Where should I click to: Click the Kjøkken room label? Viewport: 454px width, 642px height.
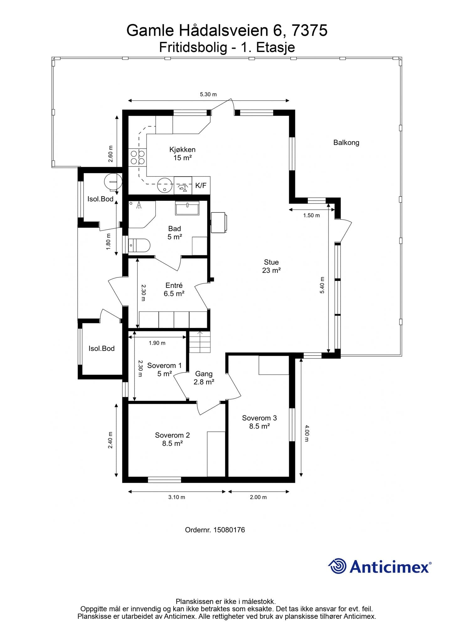pos(182,150)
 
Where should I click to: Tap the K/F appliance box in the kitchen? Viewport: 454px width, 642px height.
pos(201,185)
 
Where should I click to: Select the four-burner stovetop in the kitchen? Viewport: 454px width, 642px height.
pos(138,157)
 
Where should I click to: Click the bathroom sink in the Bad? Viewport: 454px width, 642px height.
pos(187,208)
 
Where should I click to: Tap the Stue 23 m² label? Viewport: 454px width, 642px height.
pos(271,266)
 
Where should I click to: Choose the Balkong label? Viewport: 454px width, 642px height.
pos(346,143)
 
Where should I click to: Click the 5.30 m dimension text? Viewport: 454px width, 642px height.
pos(209,94)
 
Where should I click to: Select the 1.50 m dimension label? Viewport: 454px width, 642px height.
pos(311,215)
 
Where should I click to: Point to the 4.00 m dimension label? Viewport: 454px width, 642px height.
pos(307,433)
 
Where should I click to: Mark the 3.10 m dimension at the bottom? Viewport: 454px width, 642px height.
pos(177,497)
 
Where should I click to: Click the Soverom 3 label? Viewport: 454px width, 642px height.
pos(259,418)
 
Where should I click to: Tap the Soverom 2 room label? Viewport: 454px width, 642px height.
pos(172,435)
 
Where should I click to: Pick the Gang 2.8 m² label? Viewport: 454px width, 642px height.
pos(204,378)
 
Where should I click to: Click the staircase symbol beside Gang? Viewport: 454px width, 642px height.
pos(199,342)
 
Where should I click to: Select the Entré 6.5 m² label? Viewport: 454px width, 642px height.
pos(174,289)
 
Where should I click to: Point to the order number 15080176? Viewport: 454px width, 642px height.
pos(229,530)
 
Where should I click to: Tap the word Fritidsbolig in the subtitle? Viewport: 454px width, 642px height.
pos(193,47)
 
